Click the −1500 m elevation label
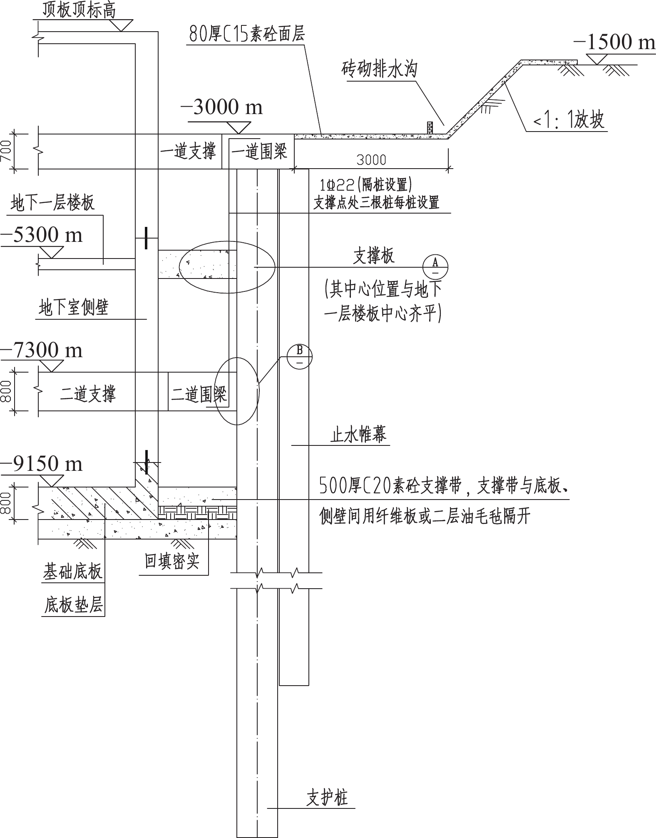614,42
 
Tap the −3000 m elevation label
222,107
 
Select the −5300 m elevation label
42,235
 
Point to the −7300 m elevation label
42,350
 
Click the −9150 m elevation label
42,464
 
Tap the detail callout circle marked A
435,266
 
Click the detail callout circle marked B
300,356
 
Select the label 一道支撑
188,152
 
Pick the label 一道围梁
259,152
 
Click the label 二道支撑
88,393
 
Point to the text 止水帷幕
358,434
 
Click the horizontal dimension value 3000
371,160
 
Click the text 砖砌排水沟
379,70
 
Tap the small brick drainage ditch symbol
430,127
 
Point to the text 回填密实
172,561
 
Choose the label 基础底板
73,572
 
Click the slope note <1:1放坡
569,120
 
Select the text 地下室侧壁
73,307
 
